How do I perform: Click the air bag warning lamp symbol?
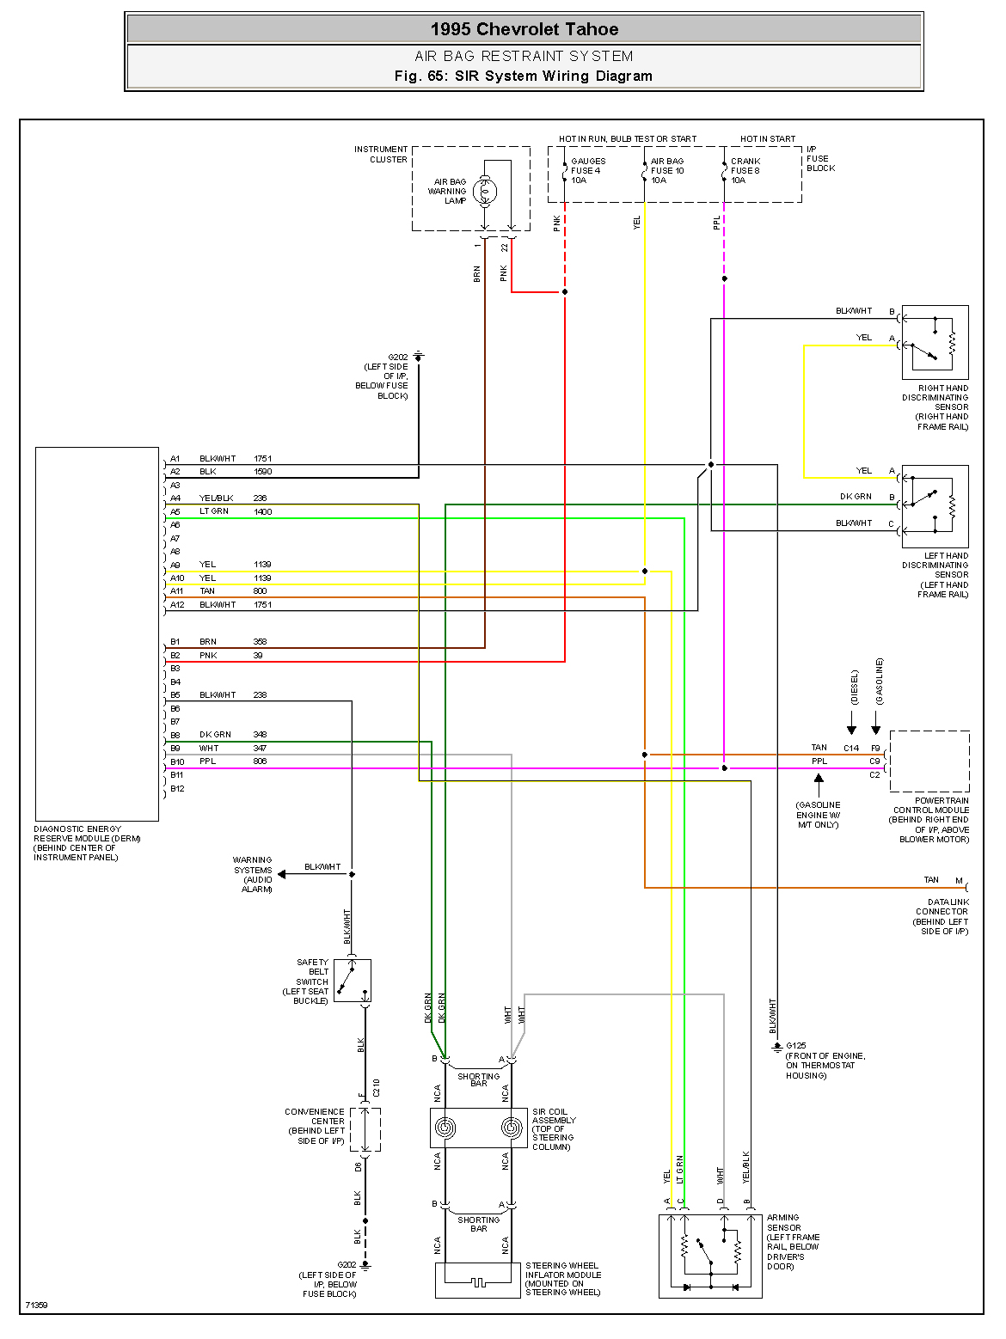tap(485, 192)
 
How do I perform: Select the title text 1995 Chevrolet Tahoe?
tap(524, 29)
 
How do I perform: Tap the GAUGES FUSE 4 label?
tap(587, 170)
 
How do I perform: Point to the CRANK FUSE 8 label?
tap(745, 170)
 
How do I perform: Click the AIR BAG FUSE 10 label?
tap(667, 170)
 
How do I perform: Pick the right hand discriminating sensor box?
tap(935, 343)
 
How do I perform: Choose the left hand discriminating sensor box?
tap(935, 506)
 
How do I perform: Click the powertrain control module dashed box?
tap(929, 761)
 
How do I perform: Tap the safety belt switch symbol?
tap(353, 981)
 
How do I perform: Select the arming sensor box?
tap(710, 1256)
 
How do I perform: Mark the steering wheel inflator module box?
tap(477, 1280)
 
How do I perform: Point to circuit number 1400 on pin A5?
tap(262, 511)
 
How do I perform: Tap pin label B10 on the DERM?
tap(177, 761)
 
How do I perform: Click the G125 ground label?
tap(796, 1046)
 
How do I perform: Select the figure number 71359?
tap(36, 1305)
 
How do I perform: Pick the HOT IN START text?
tap(768, 138)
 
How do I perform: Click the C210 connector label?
tap(377, 1088)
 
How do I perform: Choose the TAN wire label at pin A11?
tap(207, 591)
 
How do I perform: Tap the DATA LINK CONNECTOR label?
tap(942, 907)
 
